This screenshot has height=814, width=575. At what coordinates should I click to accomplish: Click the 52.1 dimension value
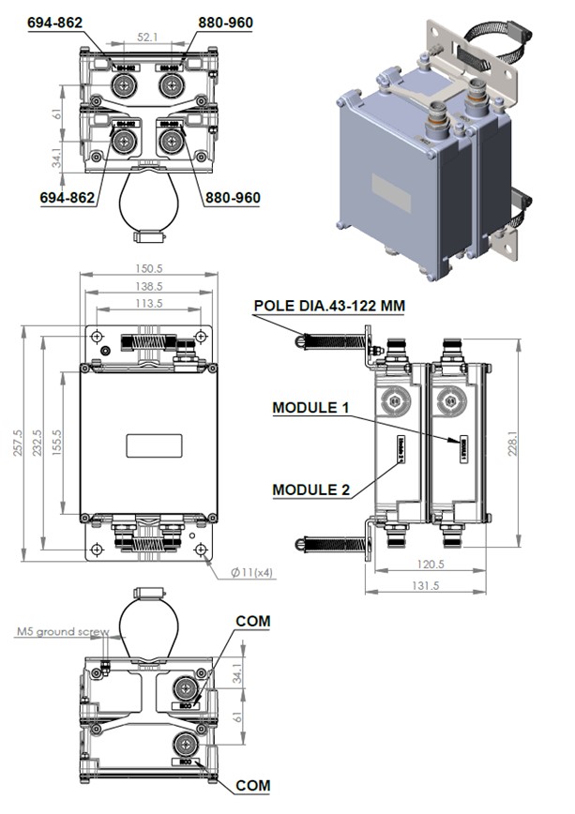(x=147, y=37)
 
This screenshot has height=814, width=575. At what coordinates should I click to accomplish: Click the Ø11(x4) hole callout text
(x=253, y=572)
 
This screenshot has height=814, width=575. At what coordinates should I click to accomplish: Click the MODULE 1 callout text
(x=310, y=408)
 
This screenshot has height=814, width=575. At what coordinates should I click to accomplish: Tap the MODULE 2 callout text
(x=310, y=489)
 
